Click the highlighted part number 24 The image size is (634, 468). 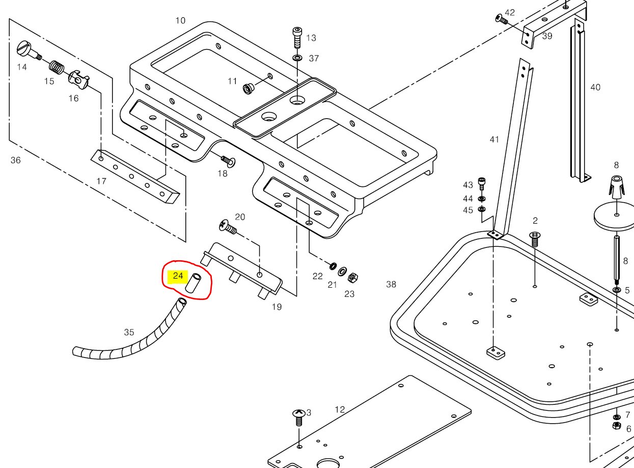(x=178, y=277)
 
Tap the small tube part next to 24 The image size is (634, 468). (x=194, y=283)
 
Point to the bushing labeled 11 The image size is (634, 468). (x=249, y=89)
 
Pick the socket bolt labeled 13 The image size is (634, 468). (x=297, y=37)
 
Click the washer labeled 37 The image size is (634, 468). (x=297, y=58)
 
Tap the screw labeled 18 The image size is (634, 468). (x=229, y=161)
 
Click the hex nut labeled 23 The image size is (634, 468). (x=351, y=278)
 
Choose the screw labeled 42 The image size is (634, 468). (x=501, y=19)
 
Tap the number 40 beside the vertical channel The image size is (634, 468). (x=595, y=88)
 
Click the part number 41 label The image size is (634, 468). (x=494, y=139)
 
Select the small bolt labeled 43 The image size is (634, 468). (x=482, y=184)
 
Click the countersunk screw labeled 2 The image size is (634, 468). (x=535, y=238)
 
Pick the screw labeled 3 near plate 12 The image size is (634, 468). (x=298, y=417)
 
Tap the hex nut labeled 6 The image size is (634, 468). (x=616, y=425)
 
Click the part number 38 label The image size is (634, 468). (x=391, y=284)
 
